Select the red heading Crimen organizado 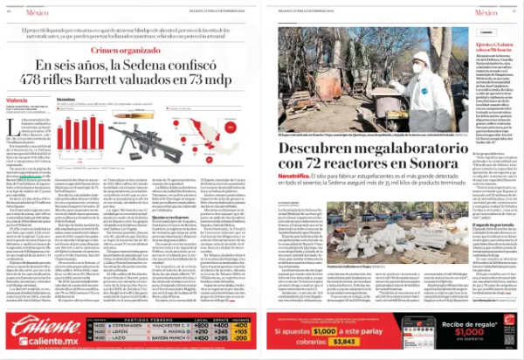point(128,50)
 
